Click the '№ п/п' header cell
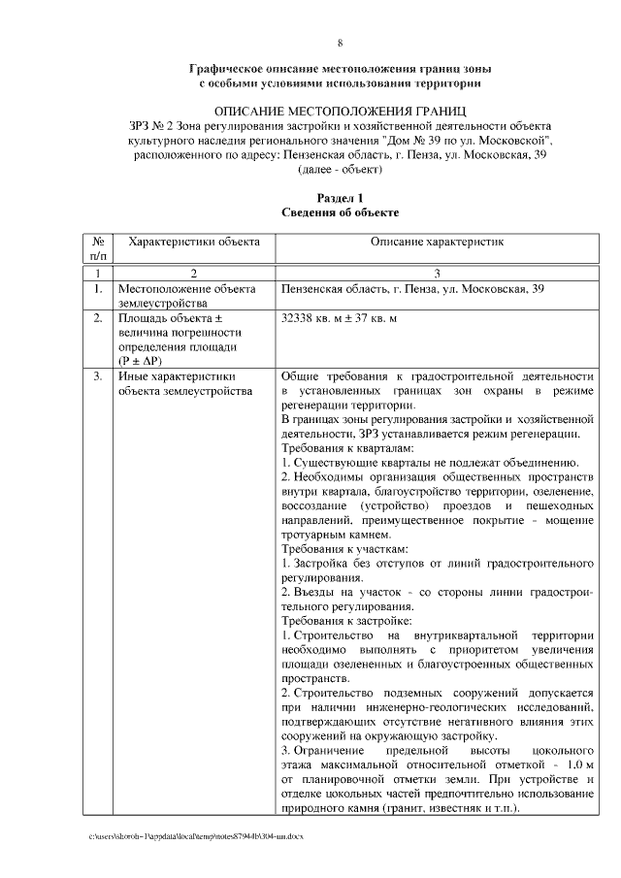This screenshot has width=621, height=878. [98, 246]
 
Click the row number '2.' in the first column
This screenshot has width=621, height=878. [98, 317]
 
